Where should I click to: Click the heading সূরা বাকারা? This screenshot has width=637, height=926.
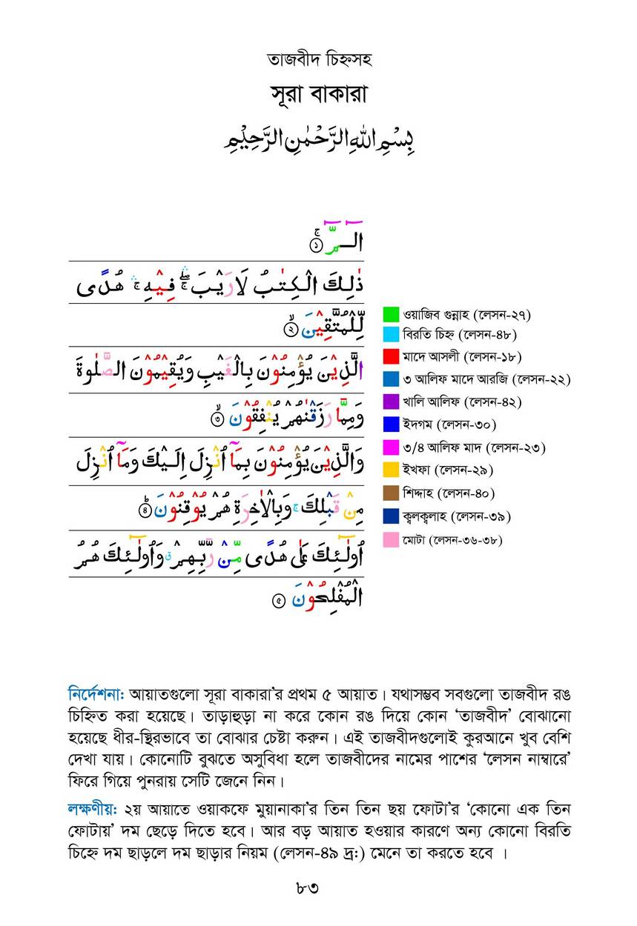point(318,96)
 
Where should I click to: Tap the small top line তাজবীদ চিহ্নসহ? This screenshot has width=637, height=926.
point(318,59)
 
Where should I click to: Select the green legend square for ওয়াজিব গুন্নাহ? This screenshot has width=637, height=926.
point(392,313)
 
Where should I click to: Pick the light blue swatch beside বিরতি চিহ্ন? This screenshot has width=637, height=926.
point(392,335)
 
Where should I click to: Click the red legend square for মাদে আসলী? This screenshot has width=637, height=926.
point(392,357)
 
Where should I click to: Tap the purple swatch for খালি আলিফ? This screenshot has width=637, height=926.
point(392,402)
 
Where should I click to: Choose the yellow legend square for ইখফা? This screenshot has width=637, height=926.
point(392,470)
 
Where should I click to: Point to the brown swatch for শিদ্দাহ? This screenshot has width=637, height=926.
point(392,493)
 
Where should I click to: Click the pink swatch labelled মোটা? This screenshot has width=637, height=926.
point(392,539)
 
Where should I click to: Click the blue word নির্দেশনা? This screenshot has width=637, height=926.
point(96,696)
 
